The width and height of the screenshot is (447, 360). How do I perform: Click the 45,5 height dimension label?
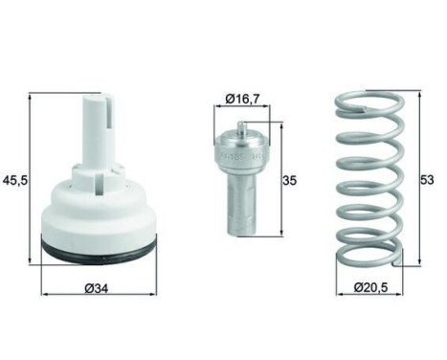pyautogui.click(x=16, y=181)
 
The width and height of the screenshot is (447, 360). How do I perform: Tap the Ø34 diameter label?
pyautogui.click(x=97, y=288)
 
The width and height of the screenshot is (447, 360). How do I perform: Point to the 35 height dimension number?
pyautogui.click(x=290, y=181)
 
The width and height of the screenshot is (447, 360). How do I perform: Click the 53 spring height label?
pyautogui.click(x=427, y=180)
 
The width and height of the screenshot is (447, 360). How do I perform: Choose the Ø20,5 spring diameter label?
pyautogui.click(x=370, y=287)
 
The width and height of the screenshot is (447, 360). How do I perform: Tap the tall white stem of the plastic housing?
pyautogui.click(x=97, y=131)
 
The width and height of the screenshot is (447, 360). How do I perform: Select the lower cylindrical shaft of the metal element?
pyautogui.click(x=243, y=203)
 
